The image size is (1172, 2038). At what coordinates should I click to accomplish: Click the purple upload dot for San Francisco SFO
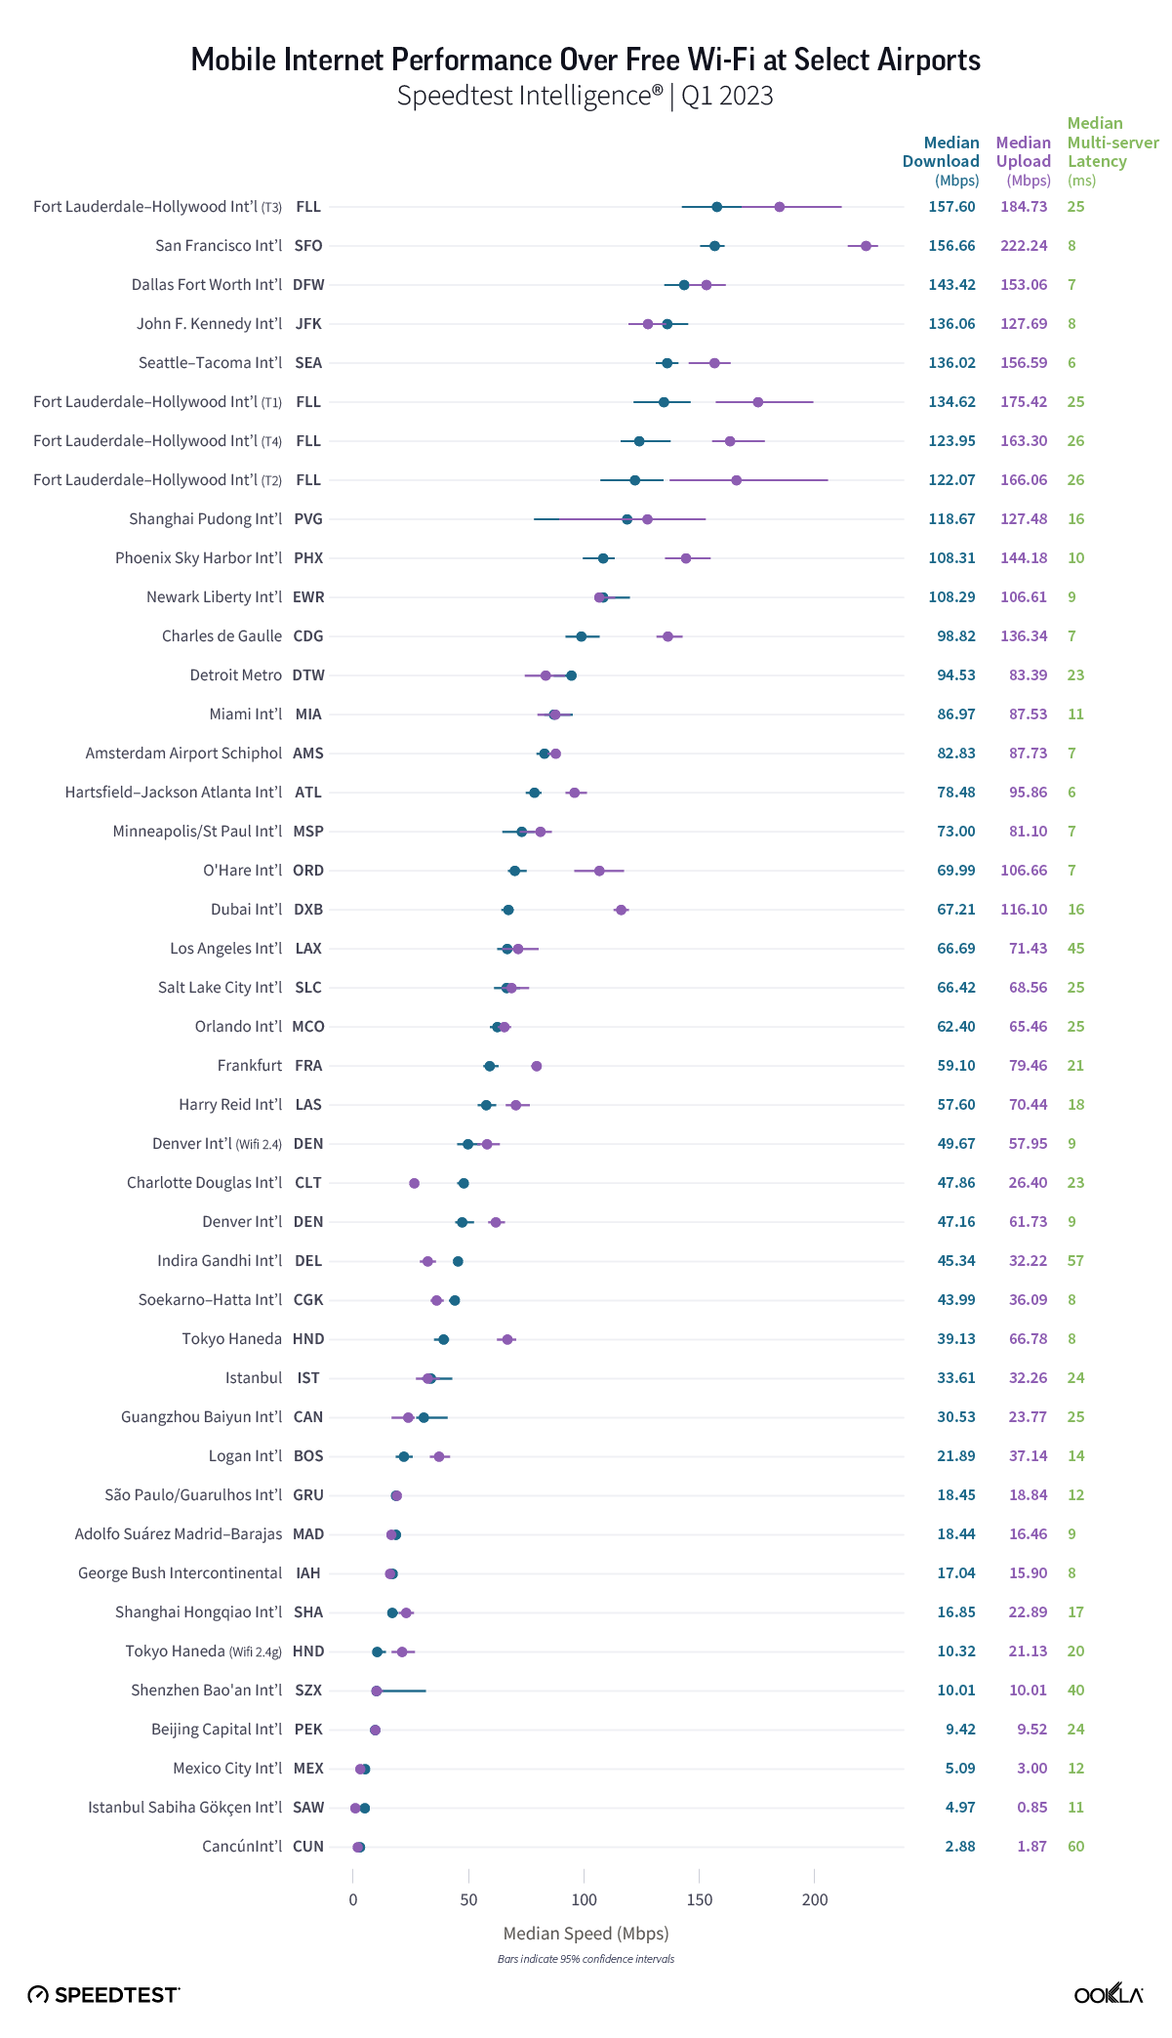coord(866,246)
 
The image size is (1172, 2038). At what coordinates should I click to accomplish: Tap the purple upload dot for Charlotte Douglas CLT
coord(414,1183)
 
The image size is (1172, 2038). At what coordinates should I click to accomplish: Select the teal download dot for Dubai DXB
coord(508,910)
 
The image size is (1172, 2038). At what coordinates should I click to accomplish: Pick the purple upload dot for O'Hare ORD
coord(599,871)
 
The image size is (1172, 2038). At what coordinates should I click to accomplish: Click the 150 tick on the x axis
coord(700,1899)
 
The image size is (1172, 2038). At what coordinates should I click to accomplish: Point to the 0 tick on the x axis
coord(353,1899)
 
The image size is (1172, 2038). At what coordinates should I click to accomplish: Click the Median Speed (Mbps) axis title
coord(586,1934)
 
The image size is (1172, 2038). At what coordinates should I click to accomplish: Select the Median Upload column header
coord(1023,161)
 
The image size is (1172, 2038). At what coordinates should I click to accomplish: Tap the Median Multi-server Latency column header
coord(1111,151)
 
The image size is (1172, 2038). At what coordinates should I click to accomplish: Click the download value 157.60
coord(951,207)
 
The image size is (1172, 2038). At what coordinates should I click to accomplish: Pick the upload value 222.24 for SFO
coord(1024,246)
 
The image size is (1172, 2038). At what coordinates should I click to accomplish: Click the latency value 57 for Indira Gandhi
coord(1075,1261)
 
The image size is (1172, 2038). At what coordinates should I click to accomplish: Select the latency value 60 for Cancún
coord(1075,1847)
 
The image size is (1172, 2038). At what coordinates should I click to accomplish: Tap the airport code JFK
coord(308,324)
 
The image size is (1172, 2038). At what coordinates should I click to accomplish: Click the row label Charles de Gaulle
coord(222,636)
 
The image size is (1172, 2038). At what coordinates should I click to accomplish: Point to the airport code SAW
coord(308,1808)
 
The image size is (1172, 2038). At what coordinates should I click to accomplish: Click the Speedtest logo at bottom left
coord(103,1995)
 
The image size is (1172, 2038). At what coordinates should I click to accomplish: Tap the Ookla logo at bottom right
coord(1108,1994)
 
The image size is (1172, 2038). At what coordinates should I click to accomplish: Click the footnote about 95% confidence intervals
coord(586,1959)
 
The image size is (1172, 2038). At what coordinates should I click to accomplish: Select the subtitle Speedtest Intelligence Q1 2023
coord(586,96)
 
